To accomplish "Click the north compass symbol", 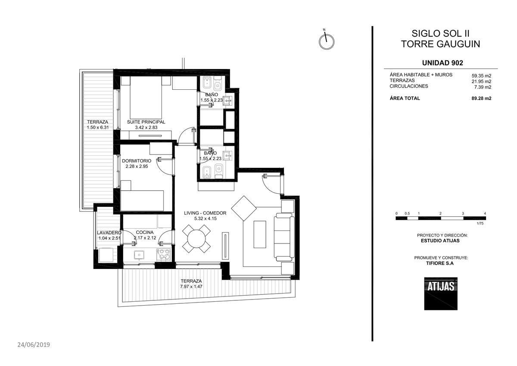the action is click(x=327, y=41).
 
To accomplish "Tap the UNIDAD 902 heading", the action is click(x=442, y=63).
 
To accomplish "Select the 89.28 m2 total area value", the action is click(x=482, y=98).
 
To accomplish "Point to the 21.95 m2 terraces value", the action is click(x=482, y=82).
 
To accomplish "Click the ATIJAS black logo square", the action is click(x=441, y=293).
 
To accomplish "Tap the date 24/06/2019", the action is click(x=34, y=345).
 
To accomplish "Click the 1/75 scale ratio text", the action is click(x=480, y=223).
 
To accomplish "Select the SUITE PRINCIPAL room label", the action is click(x=146, y=122).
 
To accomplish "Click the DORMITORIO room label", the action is click(x=137, y=161).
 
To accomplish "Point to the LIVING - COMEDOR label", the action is click(x=205, y=213).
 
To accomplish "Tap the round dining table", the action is click(x=196, y=239).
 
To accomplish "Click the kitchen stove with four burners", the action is click(x=164, y=255).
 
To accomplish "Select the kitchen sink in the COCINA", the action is click(x=139, y=255).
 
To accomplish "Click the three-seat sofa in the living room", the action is click(x=284, y=237).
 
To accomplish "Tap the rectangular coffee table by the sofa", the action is click(x=260, y=234).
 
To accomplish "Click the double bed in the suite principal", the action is click(x=146, y=98).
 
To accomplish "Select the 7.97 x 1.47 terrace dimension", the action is click(x=191, y=287).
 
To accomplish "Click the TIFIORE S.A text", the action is click(x=440, y=263).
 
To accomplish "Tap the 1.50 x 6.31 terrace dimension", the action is click(x=98, y=127).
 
